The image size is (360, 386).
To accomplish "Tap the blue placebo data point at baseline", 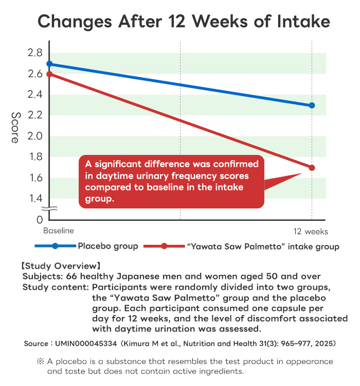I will (x=49, y=64).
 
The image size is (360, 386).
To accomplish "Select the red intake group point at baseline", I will (x=49, y=74).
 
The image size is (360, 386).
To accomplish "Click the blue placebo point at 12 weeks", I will (x=312, y=106).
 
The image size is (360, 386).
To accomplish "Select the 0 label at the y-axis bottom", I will (x=39, y=220).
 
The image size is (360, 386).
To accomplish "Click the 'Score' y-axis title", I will (x=15, y=127).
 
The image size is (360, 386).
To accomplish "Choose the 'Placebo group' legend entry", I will (x=107, y=246).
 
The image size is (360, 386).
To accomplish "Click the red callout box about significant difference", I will (x=171, y=181).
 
